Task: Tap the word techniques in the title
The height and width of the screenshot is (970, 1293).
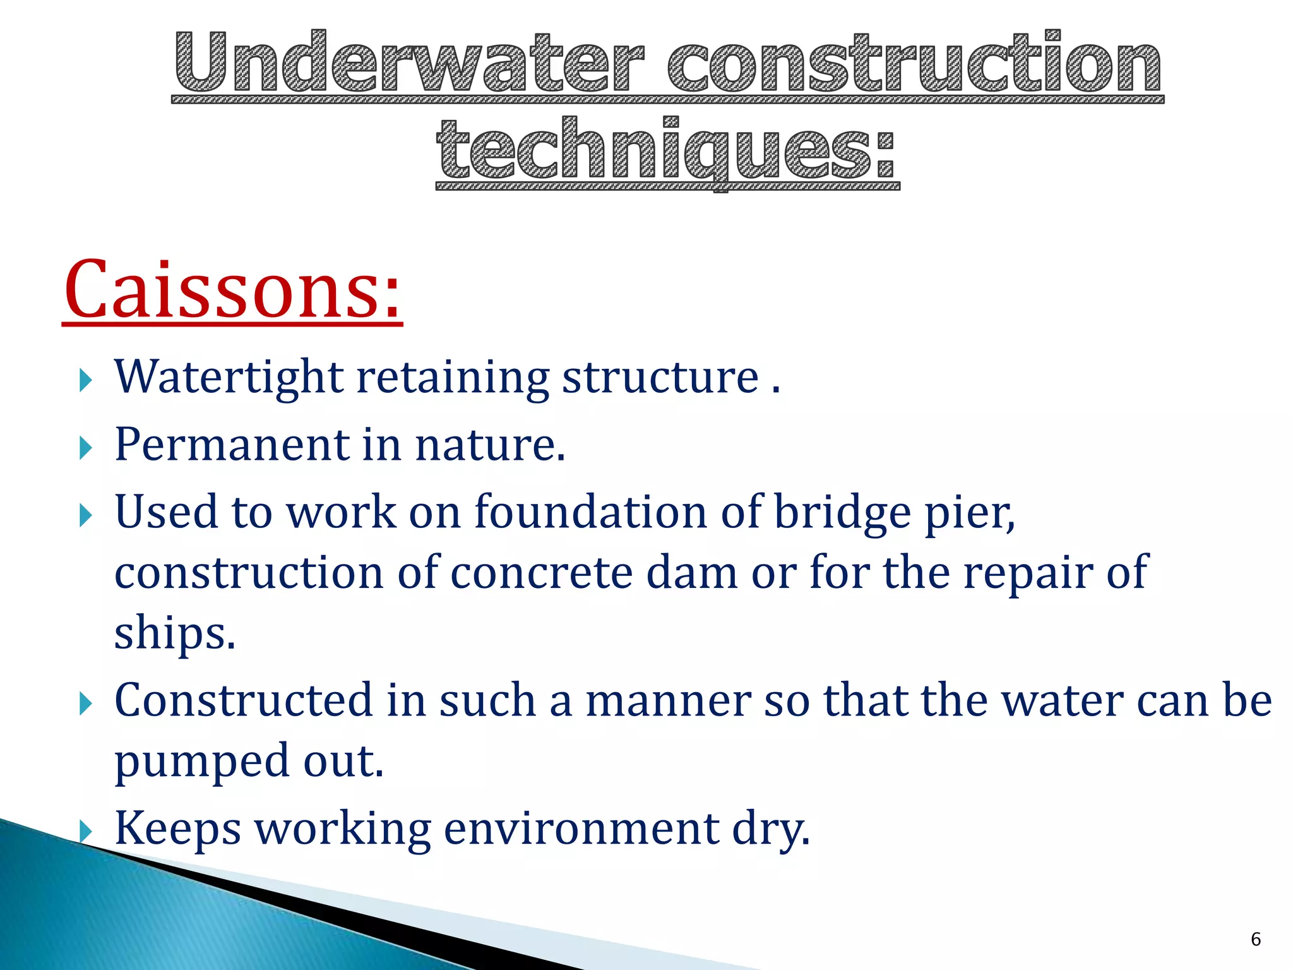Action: click(x=666, y=150)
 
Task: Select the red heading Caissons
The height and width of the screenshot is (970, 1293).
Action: click(x=232, y=290)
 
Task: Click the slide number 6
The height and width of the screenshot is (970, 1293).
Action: click(x=1255, y=939)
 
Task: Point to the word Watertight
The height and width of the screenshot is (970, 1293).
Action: click(x=229, y=377)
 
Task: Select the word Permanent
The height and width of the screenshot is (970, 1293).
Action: click(x=231, y=445)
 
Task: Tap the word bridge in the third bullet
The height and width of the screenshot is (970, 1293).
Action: click(x=842, y=512)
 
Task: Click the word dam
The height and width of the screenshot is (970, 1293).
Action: click(x=691, y=572)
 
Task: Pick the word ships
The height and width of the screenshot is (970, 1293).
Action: click(x=174, y=633)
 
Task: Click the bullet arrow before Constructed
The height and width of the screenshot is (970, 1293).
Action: click(x=86, y=704)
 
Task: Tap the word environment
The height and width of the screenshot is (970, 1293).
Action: click(x=581, y=829)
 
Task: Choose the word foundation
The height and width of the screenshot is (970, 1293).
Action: click(x=590, y=512)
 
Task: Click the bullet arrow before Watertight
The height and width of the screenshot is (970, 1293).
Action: click(x=86, y=380)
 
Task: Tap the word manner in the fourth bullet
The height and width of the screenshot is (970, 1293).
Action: click(x=668, y=701)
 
